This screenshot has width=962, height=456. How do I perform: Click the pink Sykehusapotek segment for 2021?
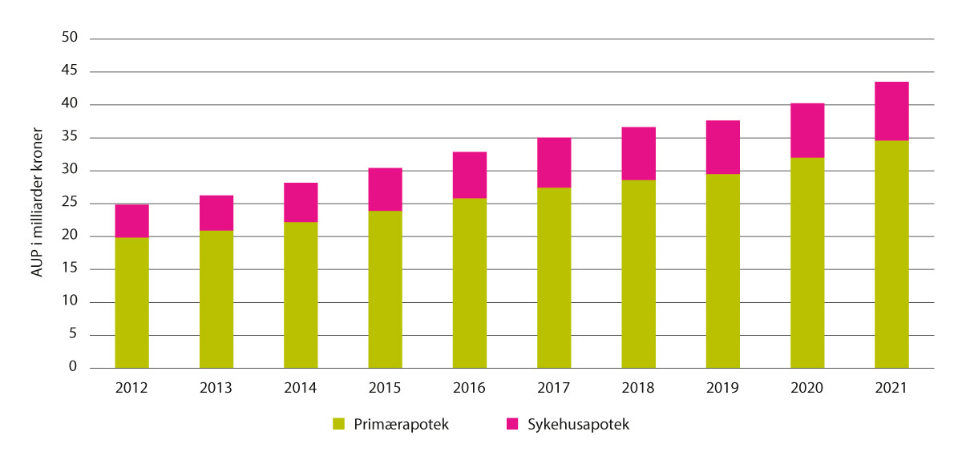(891, 111)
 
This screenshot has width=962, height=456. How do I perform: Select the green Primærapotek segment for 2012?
(131, 302)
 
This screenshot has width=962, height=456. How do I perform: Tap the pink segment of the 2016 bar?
(470, 175)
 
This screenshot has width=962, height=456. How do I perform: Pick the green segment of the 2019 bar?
(723, 271)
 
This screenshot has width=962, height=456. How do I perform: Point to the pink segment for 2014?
(301, 202)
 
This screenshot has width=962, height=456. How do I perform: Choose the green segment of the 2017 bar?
(554, 277)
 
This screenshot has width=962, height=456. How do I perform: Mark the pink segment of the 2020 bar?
(807, 130)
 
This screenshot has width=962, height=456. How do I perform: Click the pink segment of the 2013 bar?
(216, 212)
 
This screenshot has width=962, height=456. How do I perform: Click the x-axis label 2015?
(385, 388)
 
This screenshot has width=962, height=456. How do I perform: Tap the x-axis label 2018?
(638, 388)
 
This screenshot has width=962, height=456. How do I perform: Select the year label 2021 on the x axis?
(891, 388)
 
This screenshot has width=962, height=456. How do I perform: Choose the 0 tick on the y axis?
(71, 368)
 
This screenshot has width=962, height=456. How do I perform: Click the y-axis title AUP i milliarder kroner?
(37, 203)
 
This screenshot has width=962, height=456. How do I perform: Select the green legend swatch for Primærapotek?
(338, 425)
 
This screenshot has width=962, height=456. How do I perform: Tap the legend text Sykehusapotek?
(577, 425)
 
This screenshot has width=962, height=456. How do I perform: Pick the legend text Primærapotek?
(402, 425)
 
